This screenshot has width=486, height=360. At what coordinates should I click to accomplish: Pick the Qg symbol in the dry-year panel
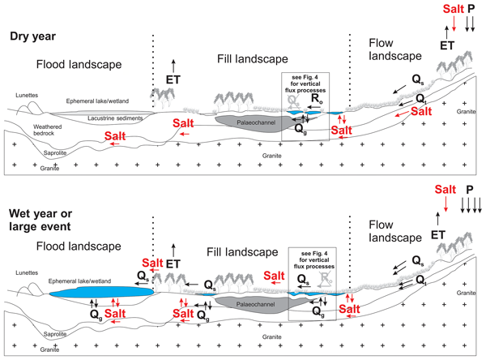pyautogui.click(x=301, y=128)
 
